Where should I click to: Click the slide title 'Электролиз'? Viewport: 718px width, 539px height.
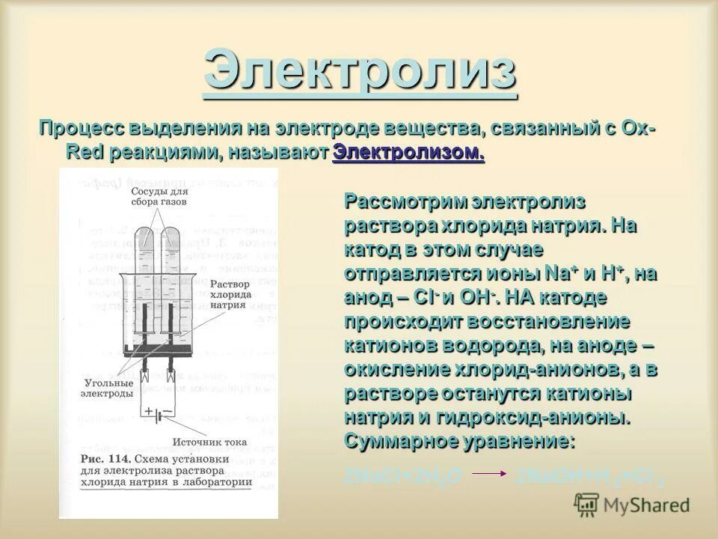[360, 71]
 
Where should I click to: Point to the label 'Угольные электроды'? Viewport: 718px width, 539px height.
[108, 387]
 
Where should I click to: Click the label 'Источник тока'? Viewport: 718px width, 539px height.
[209, 442]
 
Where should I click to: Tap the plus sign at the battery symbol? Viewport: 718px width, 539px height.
[150, 410]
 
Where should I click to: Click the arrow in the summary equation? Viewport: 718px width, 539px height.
[489, 473]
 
